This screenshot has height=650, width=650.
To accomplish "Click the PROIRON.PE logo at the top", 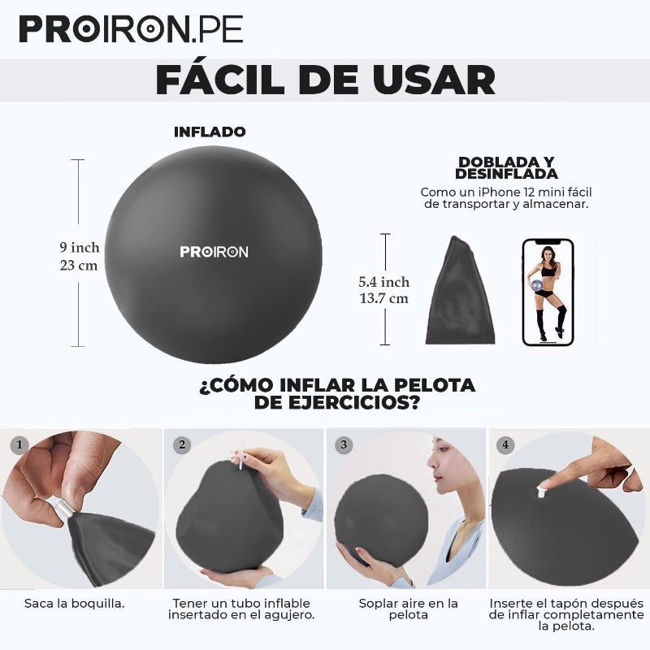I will pos(131,29).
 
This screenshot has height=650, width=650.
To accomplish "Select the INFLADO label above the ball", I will pos(210,132).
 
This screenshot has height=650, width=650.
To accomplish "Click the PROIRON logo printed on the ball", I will pos(214,252).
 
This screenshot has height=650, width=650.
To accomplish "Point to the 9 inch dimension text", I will pos(80,247).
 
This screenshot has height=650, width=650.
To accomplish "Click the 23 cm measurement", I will pos(80,265).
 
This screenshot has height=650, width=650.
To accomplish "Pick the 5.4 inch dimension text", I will pos(384,282).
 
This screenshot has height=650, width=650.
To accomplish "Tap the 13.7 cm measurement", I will pos(384,298).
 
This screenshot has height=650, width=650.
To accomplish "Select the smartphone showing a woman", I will pos(548,292).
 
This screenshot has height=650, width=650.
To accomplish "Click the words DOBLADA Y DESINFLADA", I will pos(506,167).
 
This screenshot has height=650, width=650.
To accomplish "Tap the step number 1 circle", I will pos(20,444).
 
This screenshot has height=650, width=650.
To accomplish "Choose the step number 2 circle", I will pos(182,444).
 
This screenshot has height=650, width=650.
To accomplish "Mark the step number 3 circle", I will pos(344,444).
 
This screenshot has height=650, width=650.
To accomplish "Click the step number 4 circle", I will pos(506,444).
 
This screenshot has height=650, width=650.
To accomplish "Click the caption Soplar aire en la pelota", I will pos(408,609).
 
